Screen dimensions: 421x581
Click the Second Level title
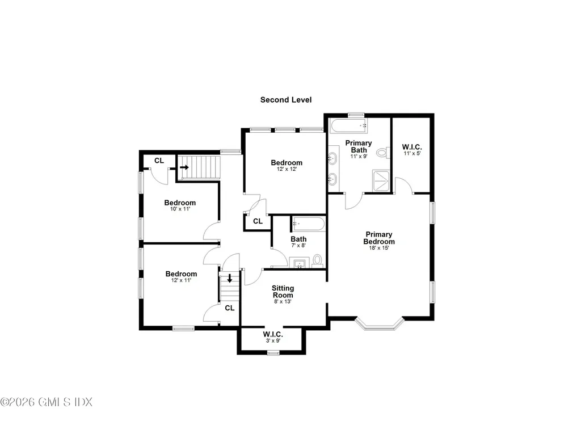tap(285, 100)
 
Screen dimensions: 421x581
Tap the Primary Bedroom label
tap(379, 238)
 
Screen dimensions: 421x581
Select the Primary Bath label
tap(359, 146)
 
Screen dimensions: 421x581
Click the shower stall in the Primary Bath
tap(382, 180)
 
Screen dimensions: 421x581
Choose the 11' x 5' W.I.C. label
tap(412, 149)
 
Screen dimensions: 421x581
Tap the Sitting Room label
tap(282, 292)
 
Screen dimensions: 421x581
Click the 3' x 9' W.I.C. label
tap(273, 337)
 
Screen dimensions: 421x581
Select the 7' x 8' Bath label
tap(299, 242)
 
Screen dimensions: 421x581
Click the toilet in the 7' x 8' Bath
tap(318, 260)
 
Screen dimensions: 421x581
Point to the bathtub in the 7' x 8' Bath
tap(308, 224)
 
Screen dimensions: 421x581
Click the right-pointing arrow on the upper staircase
tap(184, 167)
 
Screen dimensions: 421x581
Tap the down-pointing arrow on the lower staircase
tap(229, 279)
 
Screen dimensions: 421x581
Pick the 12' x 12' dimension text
tap(287, 169)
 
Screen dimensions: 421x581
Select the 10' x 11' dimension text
tap(180, 209)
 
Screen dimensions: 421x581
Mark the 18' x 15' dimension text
tap(379, 248)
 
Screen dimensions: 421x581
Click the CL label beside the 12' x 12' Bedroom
tap(258, 221)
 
